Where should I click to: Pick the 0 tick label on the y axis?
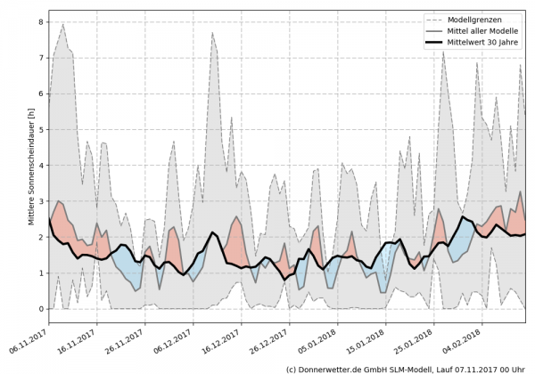[40, 309]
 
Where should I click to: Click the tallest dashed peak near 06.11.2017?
[62, 24]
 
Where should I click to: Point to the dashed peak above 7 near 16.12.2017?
[212, 34]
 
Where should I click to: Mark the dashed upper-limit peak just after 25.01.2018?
[444, 52]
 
